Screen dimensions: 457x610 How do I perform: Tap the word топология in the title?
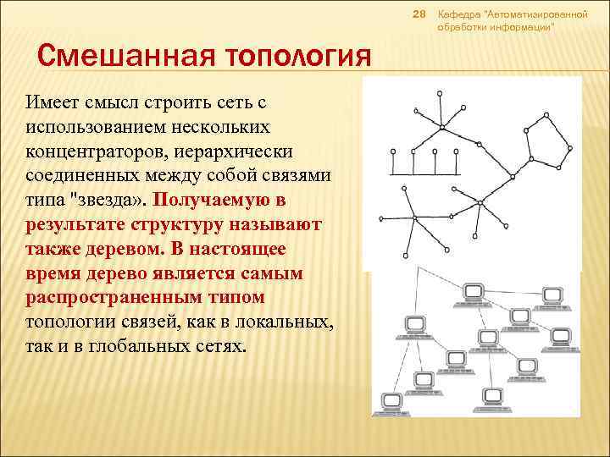(289, 59)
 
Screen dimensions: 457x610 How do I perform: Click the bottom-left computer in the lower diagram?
(391, 400)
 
